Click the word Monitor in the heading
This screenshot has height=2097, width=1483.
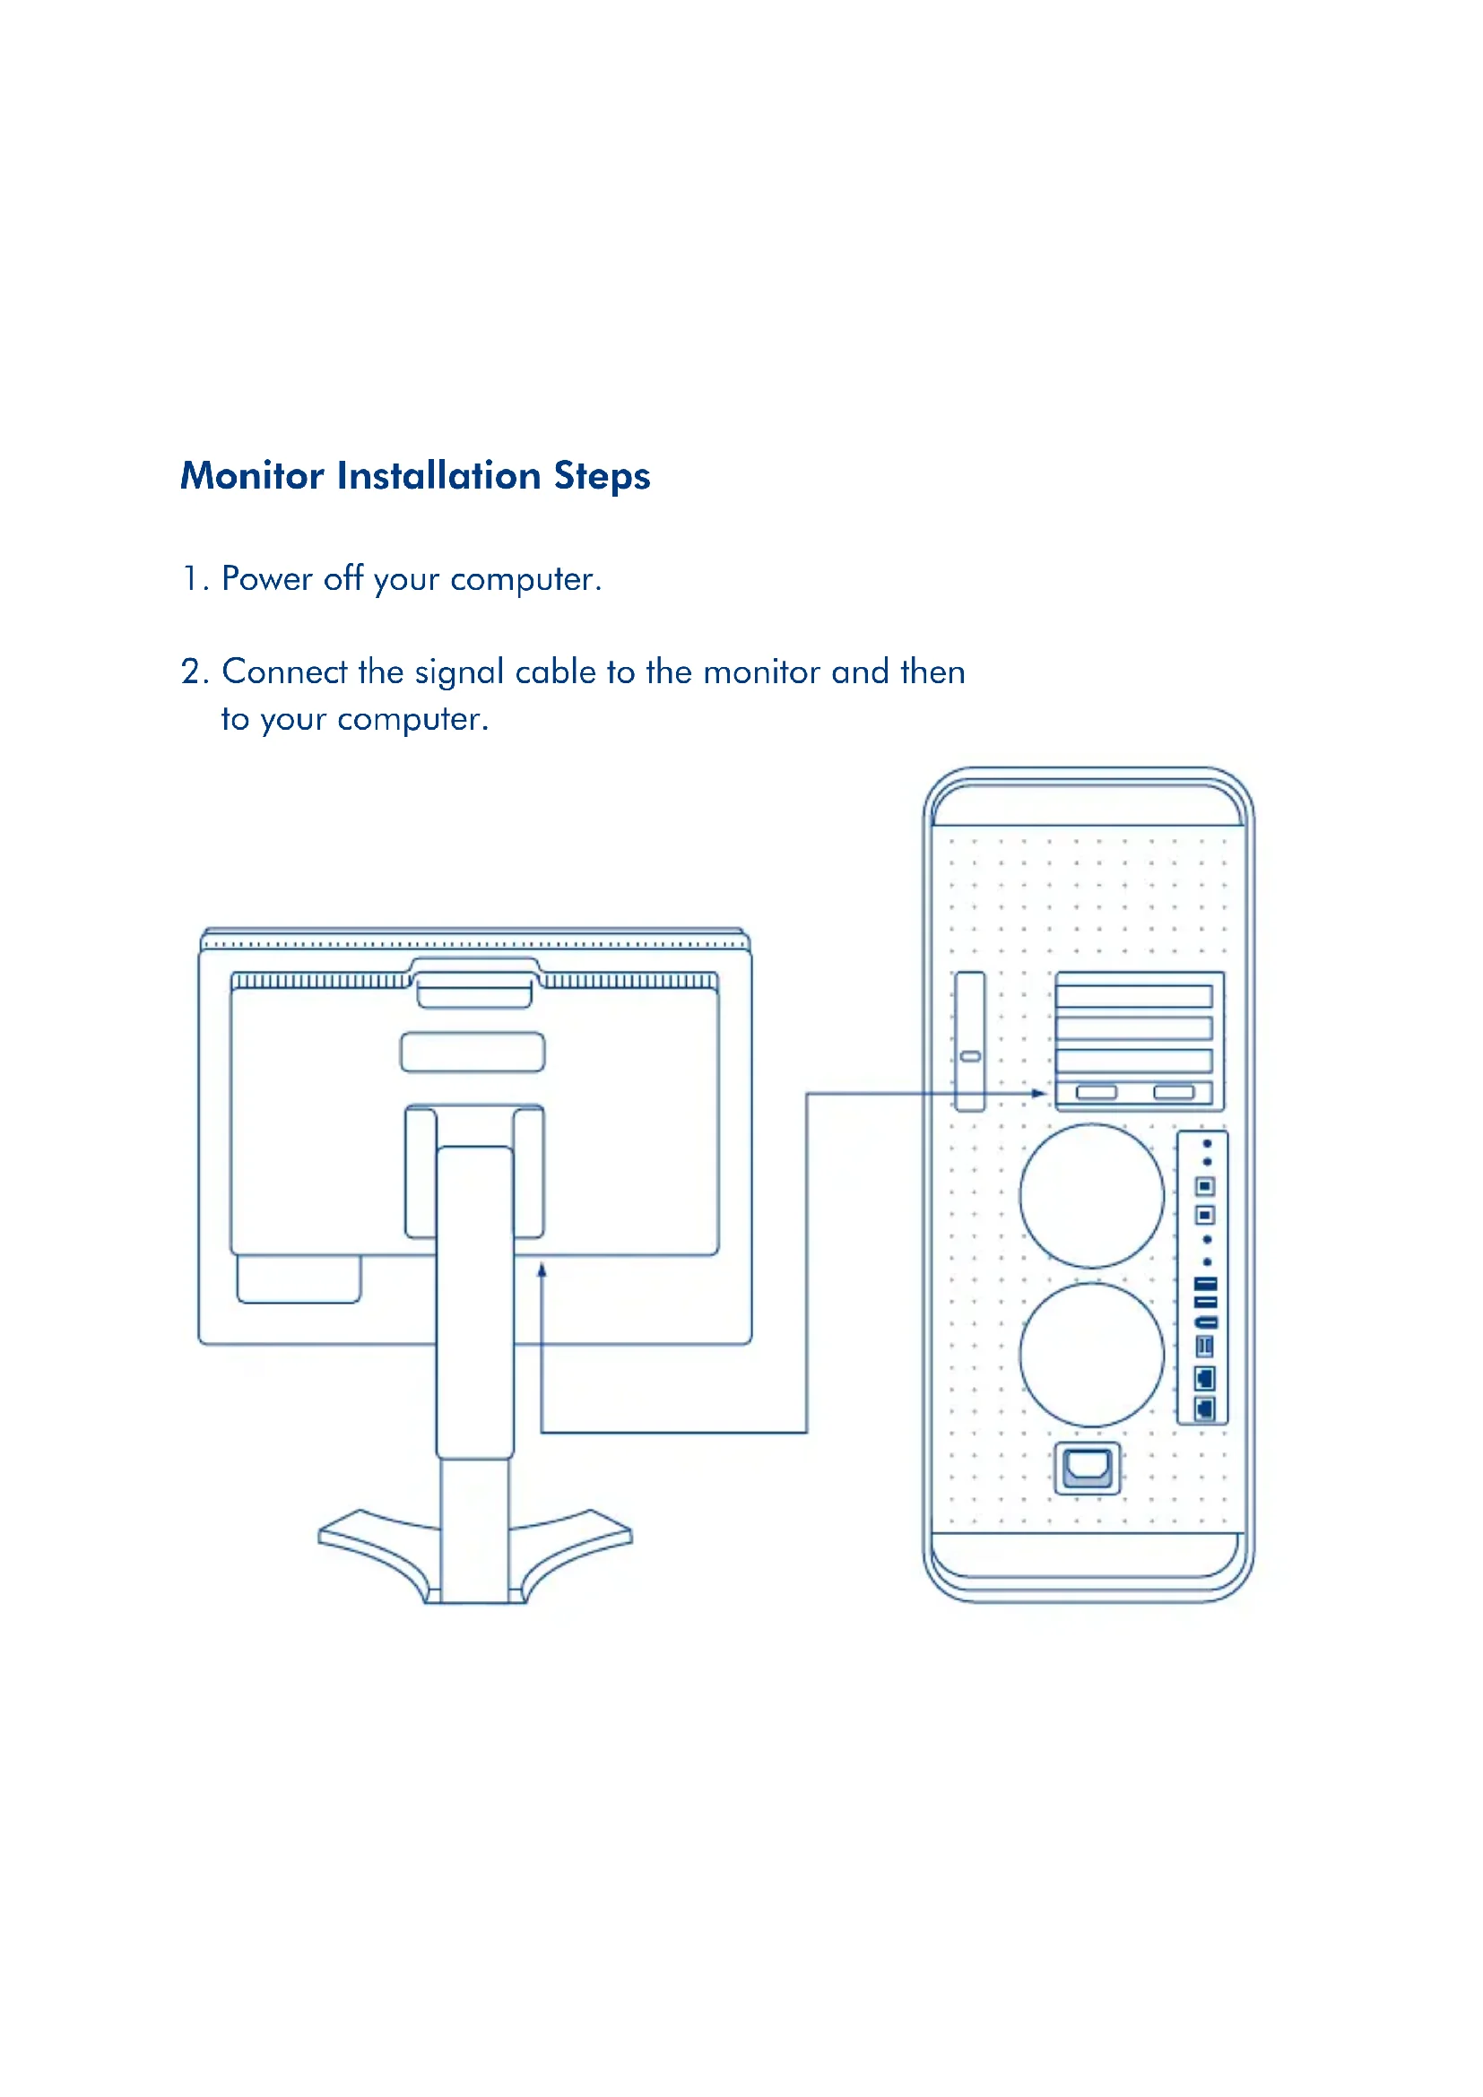point(252,476)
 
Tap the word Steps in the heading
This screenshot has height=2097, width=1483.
point(602,477)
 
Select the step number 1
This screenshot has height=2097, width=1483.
point(191,578)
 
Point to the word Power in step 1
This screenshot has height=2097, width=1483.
point(266,578)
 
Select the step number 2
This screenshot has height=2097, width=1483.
point(194,672)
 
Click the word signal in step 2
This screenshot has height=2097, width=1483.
point(458,673)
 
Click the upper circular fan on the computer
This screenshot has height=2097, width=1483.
point(1091,1196)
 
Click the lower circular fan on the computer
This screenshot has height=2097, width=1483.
point(1091,1355)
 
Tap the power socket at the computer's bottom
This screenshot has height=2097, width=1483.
point(1087,1468)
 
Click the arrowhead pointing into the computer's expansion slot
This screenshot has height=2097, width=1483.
point(1039,1092)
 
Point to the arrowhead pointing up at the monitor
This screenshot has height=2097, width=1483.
point(542,1269)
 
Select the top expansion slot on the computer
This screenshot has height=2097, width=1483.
point(1133,994)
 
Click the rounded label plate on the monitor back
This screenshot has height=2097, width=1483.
point(473,1052)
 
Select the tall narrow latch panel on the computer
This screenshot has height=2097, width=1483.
point(970,1041)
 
